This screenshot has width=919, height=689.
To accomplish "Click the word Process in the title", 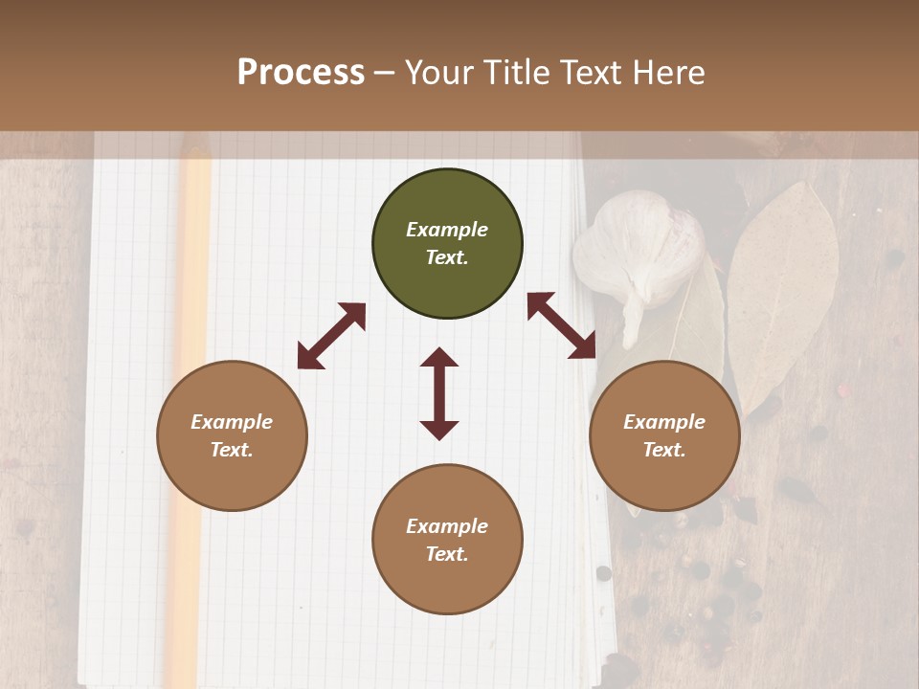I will coord(301,73).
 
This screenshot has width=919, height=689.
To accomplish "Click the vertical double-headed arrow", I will coord(439,393).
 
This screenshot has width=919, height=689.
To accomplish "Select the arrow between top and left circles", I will coord(331,336).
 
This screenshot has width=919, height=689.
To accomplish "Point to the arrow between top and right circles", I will coord(562,325).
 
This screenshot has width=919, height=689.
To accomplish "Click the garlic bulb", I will coord(639,254).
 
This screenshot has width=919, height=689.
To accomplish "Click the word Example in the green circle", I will coord(447,230).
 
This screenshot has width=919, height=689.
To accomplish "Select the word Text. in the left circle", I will coord(232,450).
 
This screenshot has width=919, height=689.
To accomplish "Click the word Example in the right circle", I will coord(664,422).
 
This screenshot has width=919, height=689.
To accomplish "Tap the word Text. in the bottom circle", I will coord(447,554).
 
